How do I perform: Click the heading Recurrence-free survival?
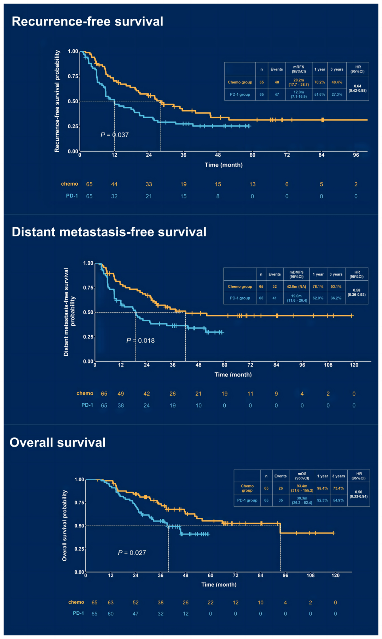87,22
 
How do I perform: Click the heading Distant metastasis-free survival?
109,232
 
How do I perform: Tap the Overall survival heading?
58,443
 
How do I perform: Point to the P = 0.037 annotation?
115,135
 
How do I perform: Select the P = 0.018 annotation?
140,341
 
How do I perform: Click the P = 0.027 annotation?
132,553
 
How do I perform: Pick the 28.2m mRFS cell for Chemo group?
299,82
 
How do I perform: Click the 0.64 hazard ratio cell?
358,88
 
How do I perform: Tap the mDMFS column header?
296,274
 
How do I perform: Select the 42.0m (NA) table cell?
296,287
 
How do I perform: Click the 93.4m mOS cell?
302,488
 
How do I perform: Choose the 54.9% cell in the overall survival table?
338,500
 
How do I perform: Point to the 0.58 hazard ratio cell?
357,292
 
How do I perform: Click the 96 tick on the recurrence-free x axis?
356,155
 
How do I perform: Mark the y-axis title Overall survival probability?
64,525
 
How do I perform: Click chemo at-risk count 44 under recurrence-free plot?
114,184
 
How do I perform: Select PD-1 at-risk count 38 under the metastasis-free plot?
121,406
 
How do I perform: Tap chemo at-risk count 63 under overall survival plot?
111,603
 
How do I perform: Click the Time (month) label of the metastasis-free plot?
233,375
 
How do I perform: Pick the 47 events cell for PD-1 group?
277,94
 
